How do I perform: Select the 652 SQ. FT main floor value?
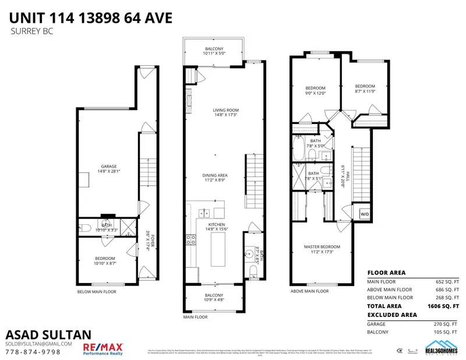pos(448,281)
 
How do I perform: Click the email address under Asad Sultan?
pos(38,344)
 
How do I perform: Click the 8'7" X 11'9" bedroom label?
pos(365,88)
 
